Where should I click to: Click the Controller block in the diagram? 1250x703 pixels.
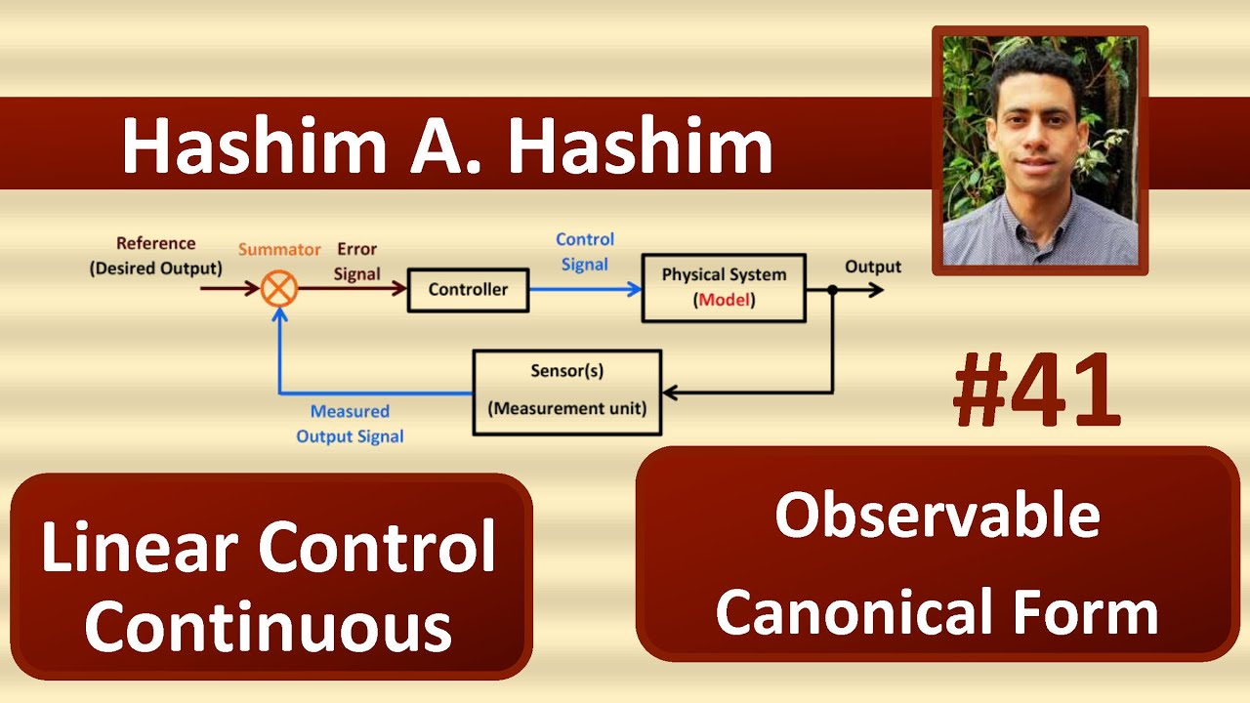click(x=468, y=290)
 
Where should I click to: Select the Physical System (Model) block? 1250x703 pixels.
click(x=723, y=288)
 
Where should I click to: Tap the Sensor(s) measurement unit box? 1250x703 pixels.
click(x=566, y=392)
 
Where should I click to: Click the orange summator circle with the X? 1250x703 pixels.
click(x=279, y=289)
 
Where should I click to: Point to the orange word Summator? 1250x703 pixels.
click(x=279, y=250)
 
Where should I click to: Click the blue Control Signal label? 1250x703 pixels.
click(x=585, y=252)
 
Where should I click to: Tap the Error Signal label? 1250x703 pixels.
click(x=356, y=262)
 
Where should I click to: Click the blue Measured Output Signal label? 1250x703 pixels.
click(x=350, y=425)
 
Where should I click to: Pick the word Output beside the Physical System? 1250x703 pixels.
click(x=872, y=267)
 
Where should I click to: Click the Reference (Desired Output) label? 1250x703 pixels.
click(x=156, y=256)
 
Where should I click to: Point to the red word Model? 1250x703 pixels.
click(x=725, y=301)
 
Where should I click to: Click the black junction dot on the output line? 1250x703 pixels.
click(x=832, y=290)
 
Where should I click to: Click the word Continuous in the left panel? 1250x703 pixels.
click(x=268, y=627)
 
